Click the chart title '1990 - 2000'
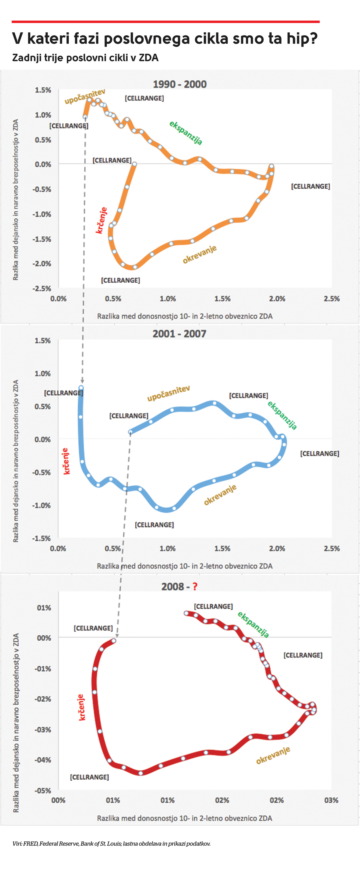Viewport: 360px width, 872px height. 179,84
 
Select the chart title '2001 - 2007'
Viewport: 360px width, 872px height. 179,334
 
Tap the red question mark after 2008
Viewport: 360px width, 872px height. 195,587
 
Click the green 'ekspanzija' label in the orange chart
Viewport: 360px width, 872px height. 186,133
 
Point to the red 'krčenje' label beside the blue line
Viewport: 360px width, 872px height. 66,461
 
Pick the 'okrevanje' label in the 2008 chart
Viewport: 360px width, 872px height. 273,755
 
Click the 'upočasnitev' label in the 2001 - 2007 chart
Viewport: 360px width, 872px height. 168,393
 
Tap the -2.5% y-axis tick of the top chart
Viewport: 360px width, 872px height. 42,289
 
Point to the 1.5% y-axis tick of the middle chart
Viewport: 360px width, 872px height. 42,341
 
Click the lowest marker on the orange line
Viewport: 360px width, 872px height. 135,267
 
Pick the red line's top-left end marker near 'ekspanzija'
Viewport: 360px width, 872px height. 186,613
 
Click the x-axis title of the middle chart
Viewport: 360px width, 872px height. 184,566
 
